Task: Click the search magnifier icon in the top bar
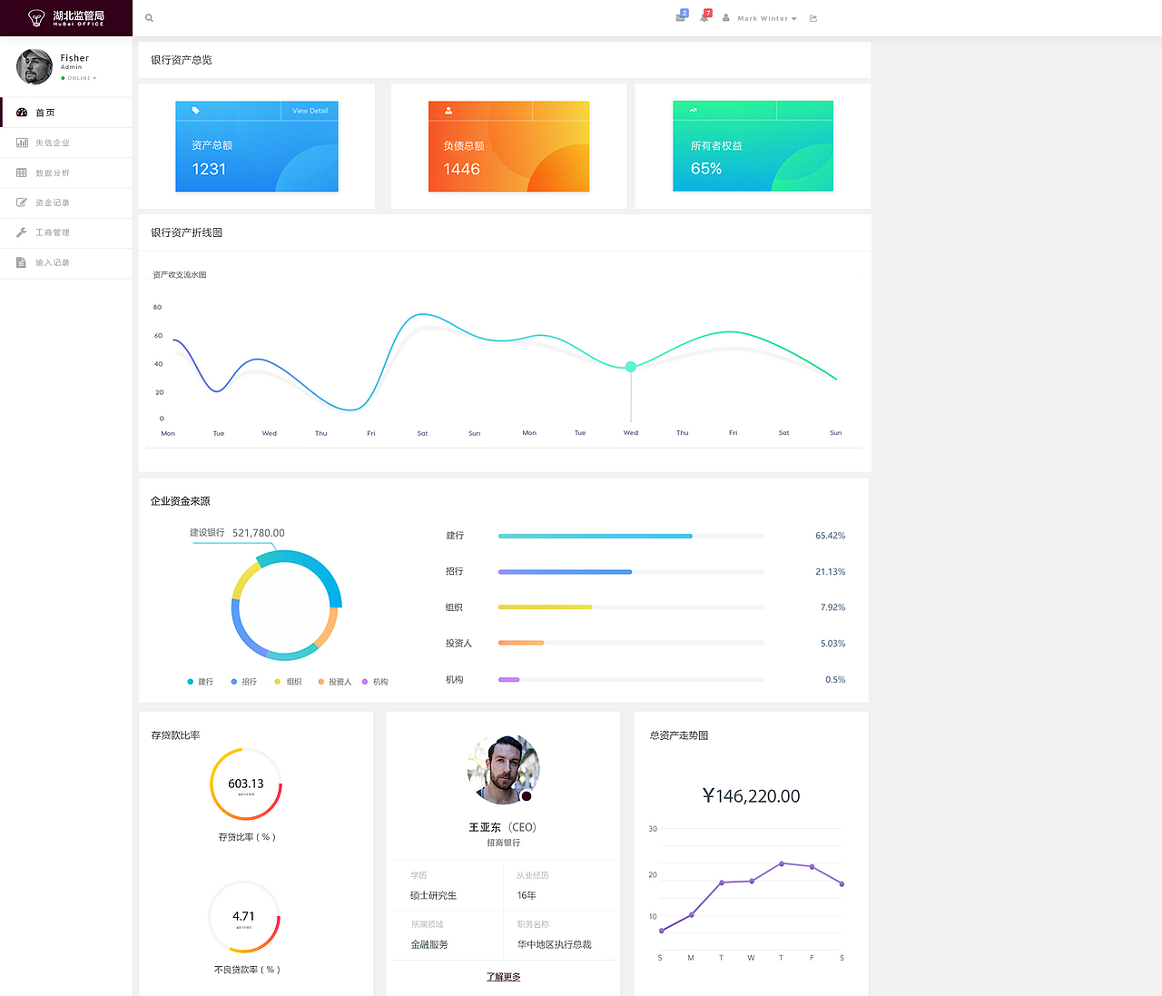pyautogui.click(x=149, y=18)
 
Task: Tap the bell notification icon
pyautogui.click(x=704, y=17)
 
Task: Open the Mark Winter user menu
pyautogui.click(x=766, y=18)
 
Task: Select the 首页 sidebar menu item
pyautogui.click(x=44, y=113)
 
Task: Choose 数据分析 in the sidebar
pyautogui.click(x=52, y=173)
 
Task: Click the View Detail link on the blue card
pyautogui.click(x=310, y=111)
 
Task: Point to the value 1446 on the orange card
pyautogui.click(x=461, y=169)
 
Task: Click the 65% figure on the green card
pyautogui.click(x=706, y=169)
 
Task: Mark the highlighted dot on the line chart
pyautogui.click(x=631, y=367)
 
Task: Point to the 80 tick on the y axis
pyautogui.click(x=158, y=307)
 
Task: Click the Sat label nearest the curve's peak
pyautogui.click(x=422, y=433)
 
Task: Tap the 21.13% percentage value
pyautogui.click(x=830, y=572)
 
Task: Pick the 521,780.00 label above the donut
pyautogui.click(x=258, y=533)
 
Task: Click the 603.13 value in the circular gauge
pyautogui.click(x=246, y=784)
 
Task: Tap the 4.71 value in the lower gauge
pyautogui.click(x=243, y=916)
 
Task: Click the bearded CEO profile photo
pyautogui.click(x=503, y=770)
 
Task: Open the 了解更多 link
pyautogui.click(x=503, y=977)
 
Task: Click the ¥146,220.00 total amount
pyautogui.click(x=751, y=796)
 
